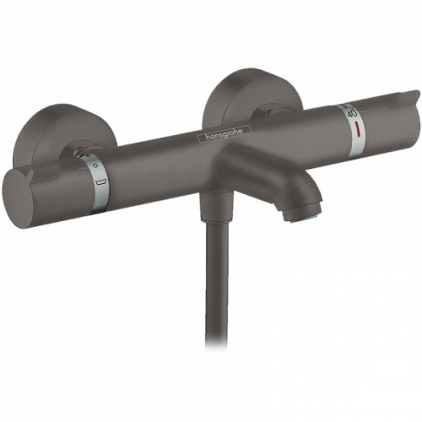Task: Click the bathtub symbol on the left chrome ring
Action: (100, 180)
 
